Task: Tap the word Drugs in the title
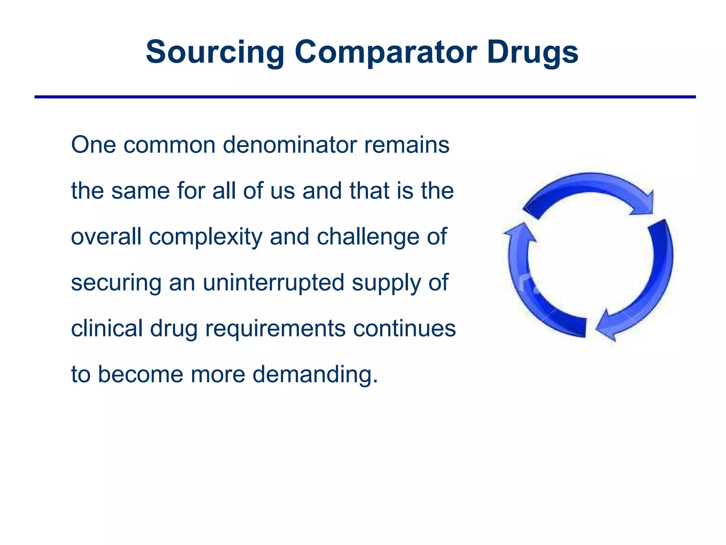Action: coord(532,53)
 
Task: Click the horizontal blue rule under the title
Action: coord(365,97)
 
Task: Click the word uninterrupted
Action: coord(273,282)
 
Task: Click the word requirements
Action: coord(275,329)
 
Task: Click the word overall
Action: coord(106,237)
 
